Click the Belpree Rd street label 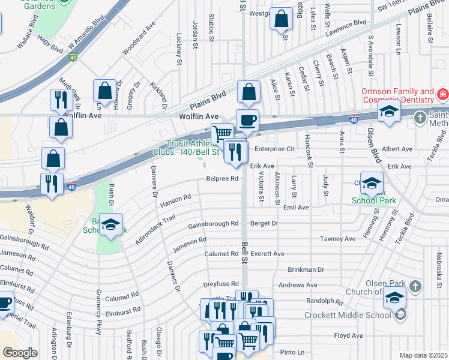(222, 178)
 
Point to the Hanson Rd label (175, 200)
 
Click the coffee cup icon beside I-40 (247, 119)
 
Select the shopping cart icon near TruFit (223, 133)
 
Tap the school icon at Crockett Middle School (394, 297)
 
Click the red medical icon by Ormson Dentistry (443, 94)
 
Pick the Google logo (20, 353)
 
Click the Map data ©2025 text (423, 355)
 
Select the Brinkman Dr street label (306, 270)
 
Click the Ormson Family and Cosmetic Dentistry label (397, 96)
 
